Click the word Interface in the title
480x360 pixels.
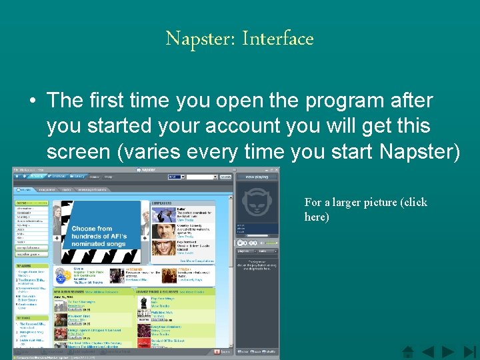point(277,39)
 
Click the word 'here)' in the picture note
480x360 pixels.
point(317,217)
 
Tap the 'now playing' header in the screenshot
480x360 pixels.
point(257,177)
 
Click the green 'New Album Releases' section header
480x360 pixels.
point(75,291)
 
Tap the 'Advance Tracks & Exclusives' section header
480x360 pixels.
point(159,291)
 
